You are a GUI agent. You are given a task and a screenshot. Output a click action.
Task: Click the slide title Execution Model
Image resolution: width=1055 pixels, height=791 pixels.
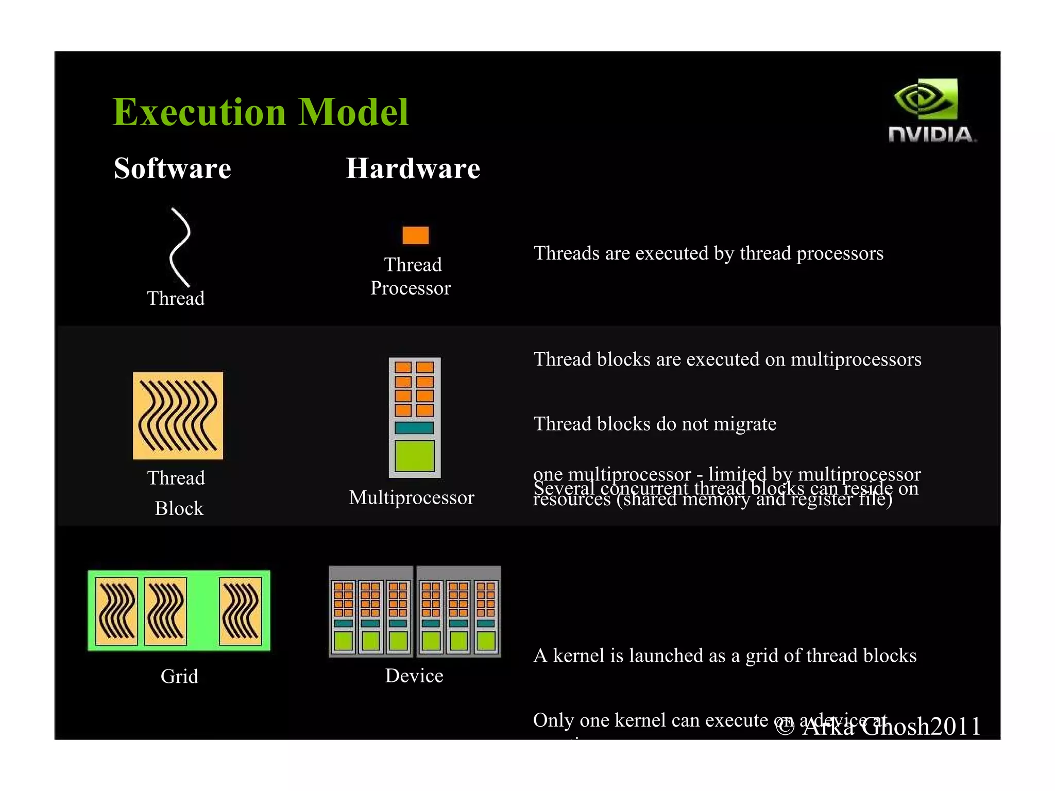[260, 112]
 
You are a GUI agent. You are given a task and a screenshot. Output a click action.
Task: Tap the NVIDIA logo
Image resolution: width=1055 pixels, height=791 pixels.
[931, 110]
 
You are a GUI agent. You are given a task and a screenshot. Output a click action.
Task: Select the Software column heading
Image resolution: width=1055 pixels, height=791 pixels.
[173, 168]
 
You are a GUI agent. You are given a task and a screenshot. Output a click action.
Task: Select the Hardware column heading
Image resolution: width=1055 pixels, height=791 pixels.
[413, 168]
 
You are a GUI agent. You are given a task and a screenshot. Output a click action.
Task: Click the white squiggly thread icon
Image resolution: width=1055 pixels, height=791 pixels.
[180, 247]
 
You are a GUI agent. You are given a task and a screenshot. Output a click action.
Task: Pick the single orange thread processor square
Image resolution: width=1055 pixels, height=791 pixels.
[415, 235]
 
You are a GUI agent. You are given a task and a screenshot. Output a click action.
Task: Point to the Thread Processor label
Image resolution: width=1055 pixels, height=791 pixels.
[411, 276]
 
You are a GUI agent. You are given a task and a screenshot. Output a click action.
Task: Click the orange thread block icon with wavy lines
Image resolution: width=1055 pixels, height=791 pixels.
[178, 415]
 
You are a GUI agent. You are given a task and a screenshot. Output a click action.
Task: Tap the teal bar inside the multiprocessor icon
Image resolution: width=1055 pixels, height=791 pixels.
[414, 427]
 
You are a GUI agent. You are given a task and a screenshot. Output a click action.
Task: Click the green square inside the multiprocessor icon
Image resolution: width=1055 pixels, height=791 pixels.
[414, 456]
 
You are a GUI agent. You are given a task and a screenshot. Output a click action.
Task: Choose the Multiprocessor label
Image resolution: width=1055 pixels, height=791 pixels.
[411, 497]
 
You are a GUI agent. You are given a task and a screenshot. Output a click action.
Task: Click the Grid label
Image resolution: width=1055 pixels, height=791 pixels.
[179, 676]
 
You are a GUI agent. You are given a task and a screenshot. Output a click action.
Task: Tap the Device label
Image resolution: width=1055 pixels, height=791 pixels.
[414, 676]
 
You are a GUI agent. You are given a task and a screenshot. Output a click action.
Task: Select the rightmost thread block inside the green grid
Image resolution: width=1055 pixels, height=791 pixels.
[241, 611]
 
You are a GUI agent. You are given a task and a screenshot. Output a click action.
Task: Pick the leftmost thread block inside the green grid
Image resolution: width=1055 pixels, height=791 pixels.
[117, 611]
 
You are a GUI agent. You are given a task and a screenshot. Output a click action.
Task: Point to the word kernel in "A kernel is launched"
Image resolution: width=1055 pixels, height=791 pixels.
[579, 656]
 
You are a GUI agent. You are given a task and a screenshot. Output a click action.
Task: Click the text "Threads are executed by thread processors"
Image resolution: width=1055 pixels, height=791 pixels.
[708, 253]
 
